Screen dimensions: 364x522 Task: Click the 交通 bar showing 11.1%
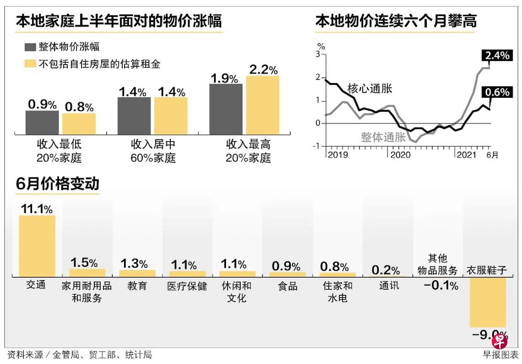pyautogui.click(x=37, y=245)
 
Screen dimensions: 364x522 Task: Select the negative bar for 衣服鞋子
pyautogui.click(x=488, y=302)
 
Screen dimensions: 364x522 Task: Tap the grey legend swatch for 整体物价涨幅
pyautogui.click(x=30, y=47)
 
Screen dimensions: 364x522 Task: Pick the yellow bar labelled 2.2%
pyautogui.click(x=262, y=105)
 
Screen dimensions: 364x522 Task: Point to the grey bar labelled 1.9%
pyautogui.click(x=226, y=109)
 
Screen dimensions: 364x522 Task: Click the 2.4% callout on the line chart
pyautogui.click(x=496, y=56)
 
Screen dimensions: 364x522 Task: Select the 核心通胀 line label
pyautogui.click(x=370, y=88)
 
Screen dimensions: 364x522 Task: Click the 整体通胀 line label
pyautogui.click(x=383, y=137)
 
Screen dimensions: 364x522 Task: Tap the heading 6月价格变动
pyautogui.click(x=57, y=184)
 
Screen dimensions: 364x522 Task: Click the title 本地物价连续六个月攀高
pyautogui.click(x=396, y=21)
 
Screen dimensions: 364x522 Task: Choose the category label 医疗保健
pyautogui.click(x=187, y=286)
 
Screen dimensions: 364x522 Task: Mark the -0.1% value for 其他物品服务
pyautogui.click(x=441, y=286)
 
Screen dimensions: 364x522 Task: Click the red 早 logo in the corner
pyautogui.click(x=500, y=341)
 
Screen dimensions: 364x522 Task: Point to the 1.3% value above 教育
pyautogui.click(x=134, y=264)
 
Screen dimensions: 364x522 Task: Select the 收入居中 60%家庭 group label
pyautogui.click(x=153, y=151)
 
